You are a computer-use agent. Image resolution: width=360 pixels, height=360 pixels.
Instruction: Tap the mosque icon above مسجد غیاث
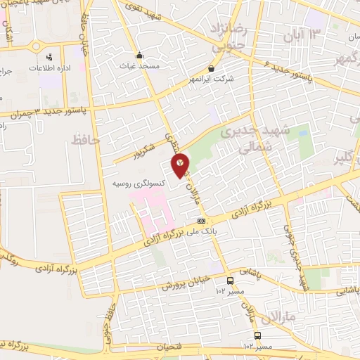pos(140,55)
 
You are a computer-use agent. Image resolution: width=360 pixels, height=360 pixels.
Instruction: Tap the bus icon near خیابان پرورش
pos(230,280)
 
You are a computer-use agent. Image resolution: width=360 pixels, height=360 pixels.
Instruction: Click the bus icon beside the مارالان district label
pos(257,335)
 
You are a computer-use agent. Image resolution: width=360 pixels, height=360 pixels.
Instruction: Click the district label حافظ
pos(86,141)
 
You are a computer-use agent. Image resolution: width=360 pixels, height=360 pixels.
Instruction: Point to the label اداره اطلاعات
pos(49,67)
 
